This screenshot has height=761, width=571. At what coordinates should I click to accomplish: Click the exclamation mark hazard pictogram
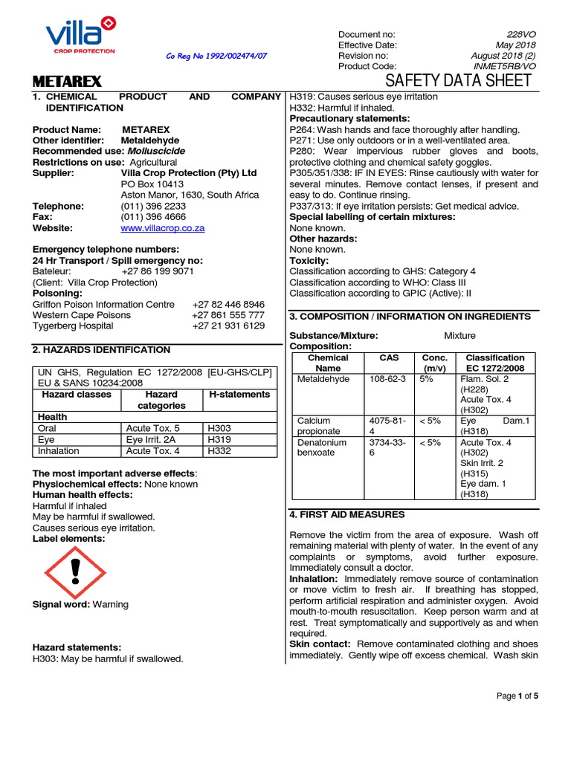[74, 572]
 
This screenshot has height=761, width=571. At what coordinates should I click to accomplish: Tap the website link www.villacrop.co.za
[162, 228]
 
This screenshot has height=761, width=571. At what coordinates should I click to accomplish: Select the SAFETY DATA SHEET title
[457, 80]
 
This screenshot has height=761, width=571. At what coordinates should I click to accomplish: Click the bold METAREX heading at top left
[67, 81]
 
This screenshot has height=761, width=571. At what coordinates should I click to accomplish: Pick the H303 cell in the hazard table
[218, 428]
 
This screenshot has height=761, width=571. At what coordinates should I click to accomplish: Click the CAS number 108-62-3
[388, 379]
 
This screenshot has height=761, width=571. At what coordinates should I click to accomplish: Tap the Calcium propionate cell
[318, 426]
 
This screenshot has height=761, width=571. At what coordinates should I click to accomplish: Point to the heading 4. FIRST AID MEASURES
[346, 514]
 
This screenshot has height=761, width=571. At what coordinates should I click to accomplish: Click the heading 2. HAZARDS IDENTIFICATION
[101, 349]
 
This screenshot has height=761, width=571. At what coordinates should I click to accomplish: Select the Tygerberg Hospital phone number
[228, 326]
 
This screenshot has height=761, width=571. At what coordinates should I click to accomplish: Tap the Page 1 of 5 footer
[517, 696]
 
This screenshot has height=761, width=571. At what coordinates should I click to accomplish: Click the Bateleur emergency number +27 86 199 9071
[157, 271]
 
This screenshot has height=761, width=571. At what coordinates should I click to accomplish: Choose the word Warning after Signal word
[110, 604]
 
